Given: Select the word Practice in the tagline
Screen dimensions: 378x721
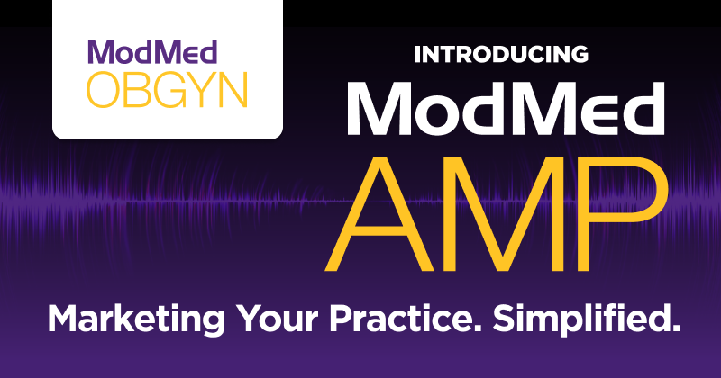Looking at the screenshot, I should click(395, 319).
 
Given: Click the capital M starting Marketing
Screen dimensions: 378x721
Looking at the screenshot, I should click(64, 319).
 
